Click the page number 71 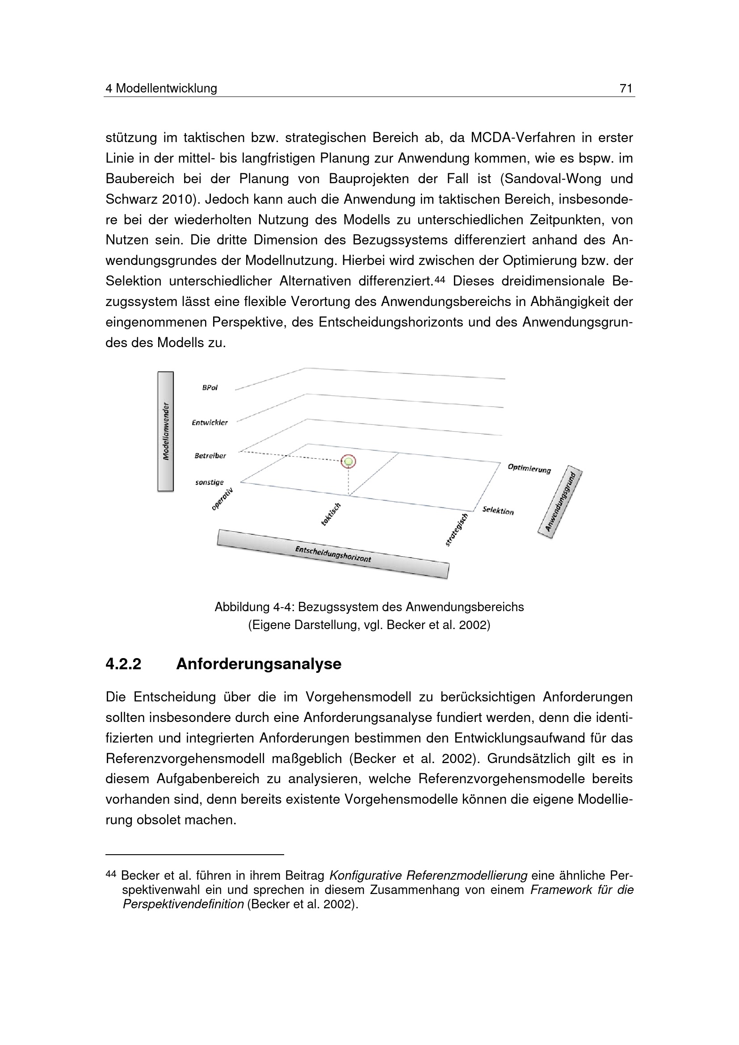626,88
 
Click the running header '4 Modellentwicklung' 161,88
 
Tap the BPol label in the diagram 210,388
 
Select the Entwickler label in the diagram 210,422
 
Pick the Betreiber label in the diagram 210,456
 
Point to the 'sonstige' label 209,483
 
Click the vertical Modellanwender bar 166,432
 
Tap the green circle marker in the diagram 349,462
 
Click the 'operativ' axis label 223,499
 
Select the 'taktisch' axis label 331,514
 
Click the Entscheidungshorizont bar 333,554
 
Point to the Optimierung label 529,468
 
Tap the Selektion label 498,511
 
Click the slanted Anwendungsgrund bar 560,502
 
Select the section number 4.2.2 123,664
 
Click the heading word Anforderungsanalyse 258,664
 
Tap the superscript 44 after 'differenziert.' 439,278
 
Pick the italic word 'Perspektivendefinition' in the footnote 183,904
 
